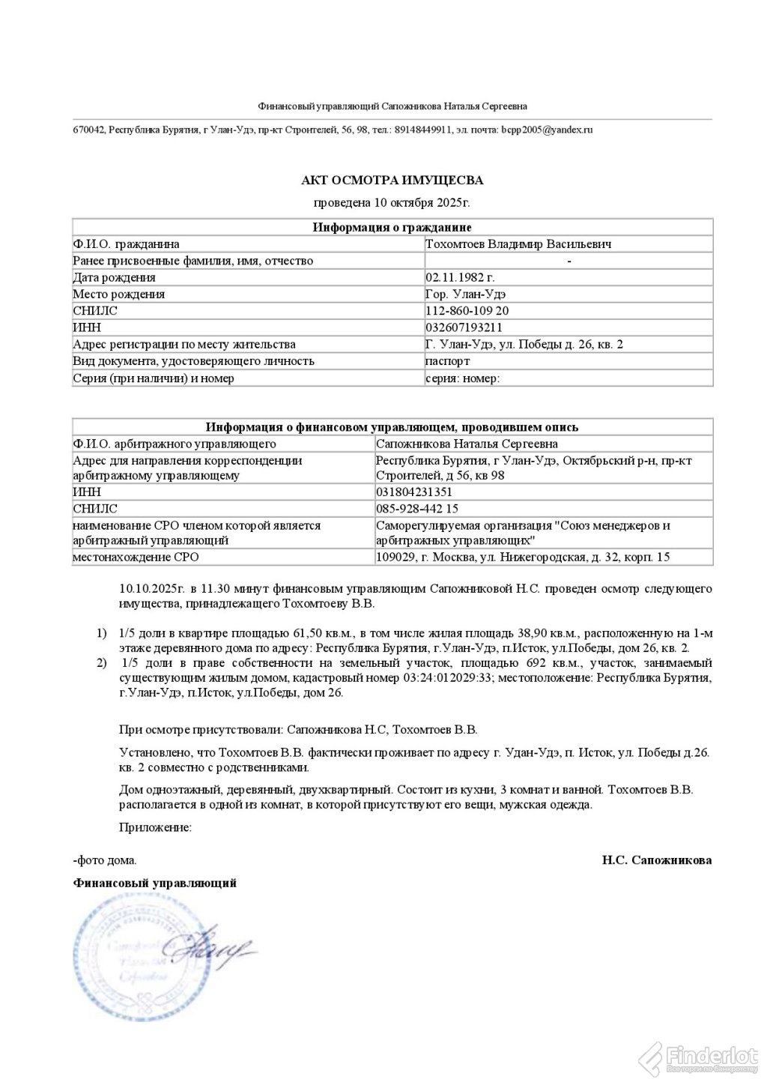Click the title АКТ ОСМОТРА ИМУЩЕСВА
pyautogui.click(x=392, y=181)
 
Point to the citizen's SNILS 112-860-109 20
pyautogui.click(x=467, y=311)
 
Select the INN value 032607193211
pyautogui.click(x=464, y=327)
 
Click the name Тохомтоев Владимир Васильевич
pyautogui.click(x=518, y=244)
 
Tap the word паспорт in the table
pyautogui.click(x=447, y=361)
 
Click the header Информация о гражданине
pyautogui.click(x=392, y=228)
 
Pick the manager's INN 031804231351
pyautogui.click(x=413, y=493)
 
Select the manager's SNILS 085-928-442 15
pyautogui.click(x=417, y=510)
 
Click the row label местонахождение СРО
pyautogui.click(x=136, y=557)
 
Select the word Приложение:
pyautogui.click(x=155, y=828)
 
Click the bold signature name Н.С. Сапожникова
pyautogui.click(x=656, y=860)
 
